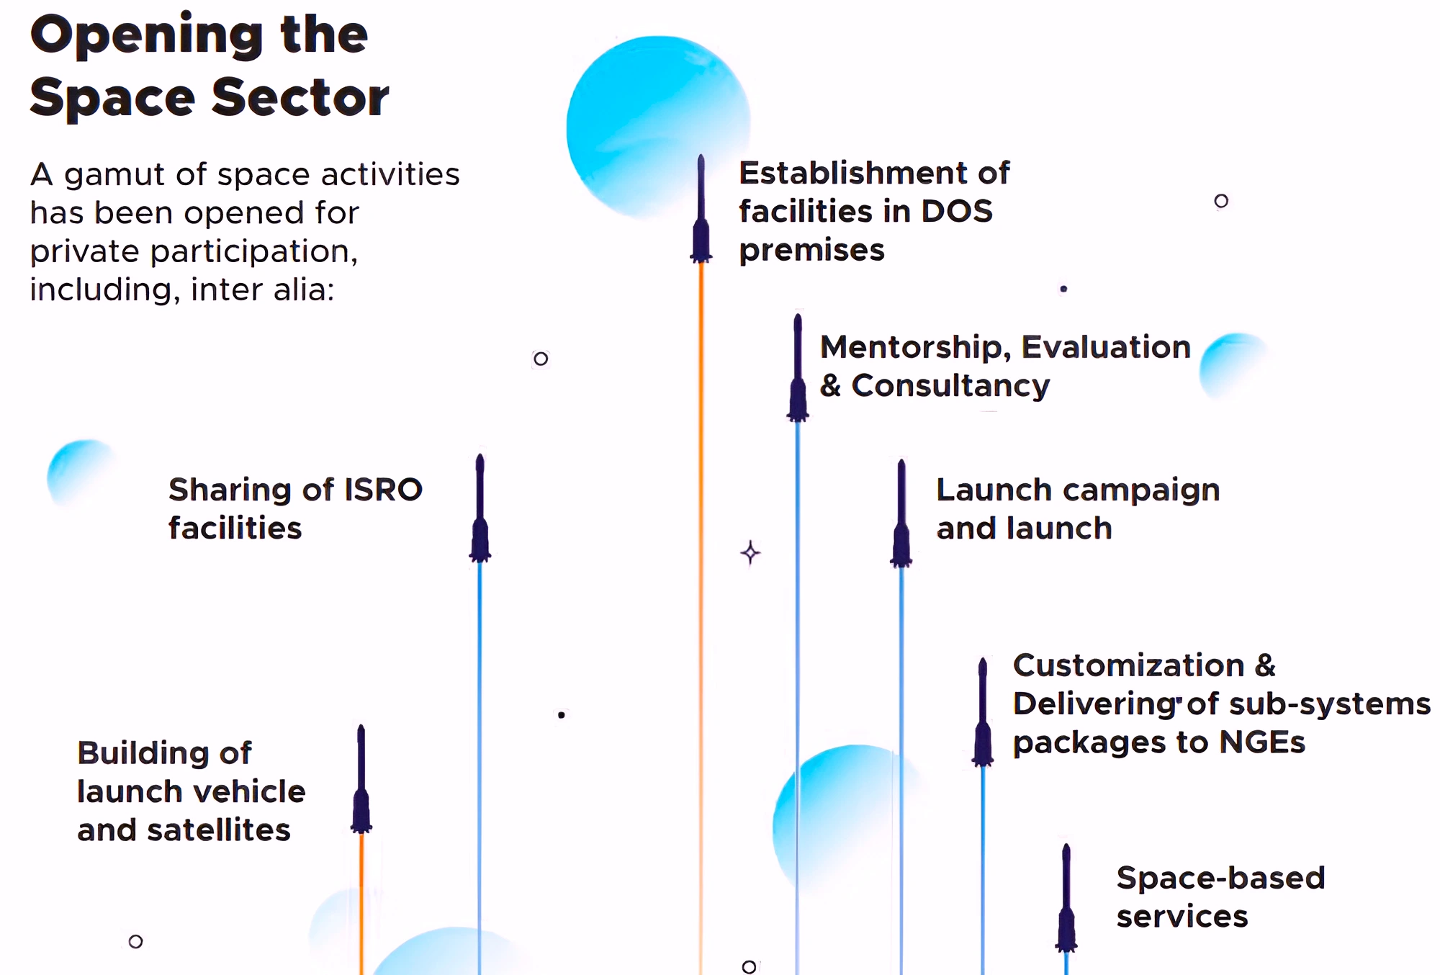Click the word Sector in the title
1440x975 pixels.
tap(300, 97)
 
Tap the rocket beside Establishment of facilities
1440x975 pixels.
tap(701, 212)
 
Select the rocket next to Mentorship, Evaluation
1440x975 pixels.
tap(798, 371)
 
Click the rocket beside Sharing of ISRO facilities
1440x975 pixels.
tap(480, 511)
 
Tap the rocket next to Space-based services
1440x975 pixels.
tap(1066, 901)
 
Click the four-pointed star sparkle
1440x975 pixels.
tap(751, 553)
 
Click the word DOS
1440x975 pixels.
tap(957, 212)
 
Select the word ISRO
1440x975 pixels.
tap(383, 490)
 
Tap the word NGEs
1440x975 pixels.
tap(1261, 742)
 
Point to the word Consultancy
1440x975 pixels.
tap(950, 386)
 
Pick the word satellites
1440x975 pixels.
tap(219, 830)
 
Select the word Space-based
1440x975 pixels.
tap(1220, 878)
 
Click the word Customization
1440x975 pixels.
tap(1128, 665)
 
